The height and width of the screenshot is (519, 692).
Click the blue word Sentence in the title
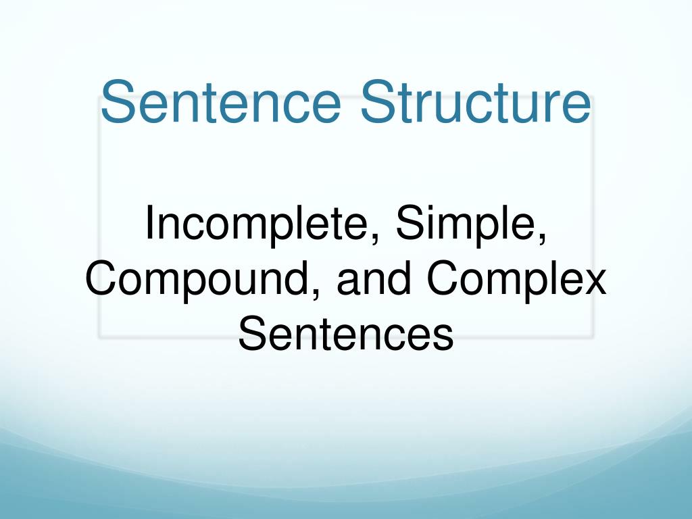coord(224,102)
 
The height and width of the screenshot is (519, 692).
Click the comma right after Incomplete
coord(374,240)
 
